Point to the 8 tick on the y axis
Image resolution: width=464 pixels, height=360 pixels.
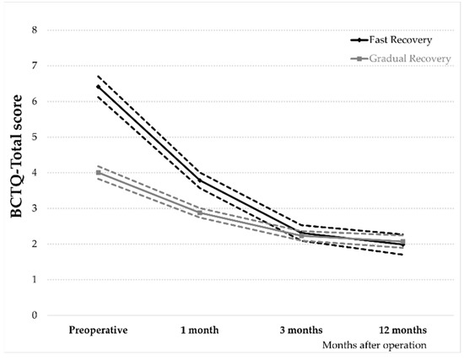(35, 30)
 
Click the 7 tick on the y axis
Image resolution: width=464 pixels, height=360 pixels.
(35, 66)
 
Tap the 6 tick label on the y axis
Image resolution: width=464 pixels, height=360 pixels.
(35, 101)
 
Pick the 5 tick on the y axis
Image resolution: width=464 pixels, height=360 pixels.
(35, 137)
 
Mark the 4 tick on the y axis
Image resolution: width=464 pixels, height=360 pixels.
(35, 173)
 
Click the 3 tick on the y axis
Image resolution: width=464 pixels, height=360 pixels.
(35, 208)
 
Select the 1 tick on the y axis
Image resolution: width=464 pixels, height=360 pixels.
(35, 280)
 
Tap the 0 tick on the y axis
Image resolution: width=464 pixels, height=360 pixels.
(35, 315)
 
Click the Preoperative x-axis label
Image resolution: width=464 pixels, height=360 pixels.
(99, 330)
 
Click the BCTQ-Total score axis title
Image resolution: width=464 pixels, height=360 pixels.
(15, 173)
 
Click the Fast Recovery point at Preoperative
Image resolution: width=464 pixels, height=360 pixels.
(99, 87)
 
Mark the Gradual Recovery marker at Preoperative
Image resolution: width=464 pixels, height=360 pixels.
(99, 173)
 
